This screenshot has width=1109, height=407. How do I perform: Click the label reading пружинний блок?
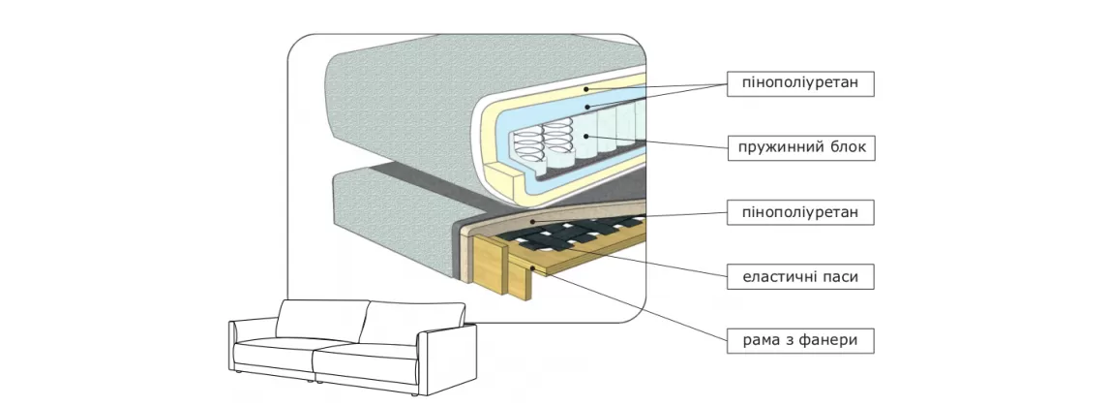pos(800,148)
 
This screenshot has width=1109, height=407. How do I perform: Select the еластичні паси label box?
pos(800,277)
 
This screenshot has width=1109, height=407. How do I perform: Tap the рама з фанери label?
pos(800,340)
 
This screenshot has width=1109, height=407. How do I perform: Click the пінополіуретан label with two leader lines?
pos(800,84)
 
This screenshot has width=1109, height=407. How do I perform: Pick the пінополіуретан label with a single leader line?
pos(800,211)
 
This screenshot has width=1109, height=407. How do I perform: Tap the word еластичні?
pos(779,277)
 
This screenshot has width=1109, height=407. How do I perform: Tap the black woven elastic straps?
pos(571,233)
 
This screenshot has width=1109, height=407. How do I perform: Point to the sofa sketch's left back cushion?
pos(319,319)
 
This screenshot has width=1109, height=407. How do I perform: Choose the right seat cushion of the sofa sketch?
pos(368,363)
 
